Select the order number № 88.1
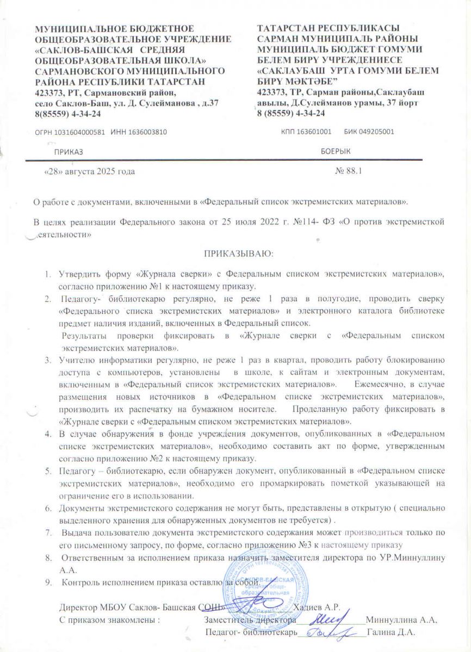click(x=350, y=171)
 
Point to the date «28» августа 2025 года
click(x=89, y=171)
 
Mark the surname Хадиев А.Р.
click(x=317, y=606)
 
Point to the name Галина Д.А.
click(x=391, y=632)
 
